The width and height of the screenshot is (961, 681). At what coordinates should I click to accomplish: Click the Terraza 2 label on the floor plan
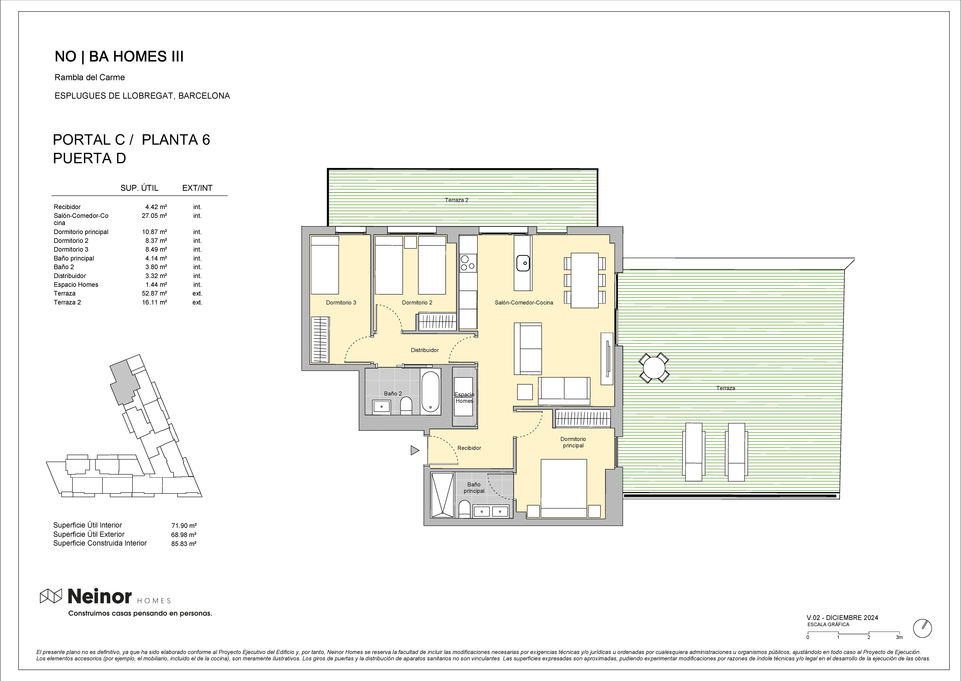click(x=456, y=200)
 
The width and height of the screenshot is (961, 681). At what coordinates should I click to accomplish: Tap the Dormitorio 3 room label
click(x=341, y=302)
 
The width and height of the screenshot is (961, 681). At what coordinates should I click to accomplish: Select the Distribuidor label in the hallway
click(x=424, y=350)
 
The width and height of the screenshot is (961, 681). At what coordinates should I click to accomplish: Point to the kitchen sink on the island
click(x=523, y=263)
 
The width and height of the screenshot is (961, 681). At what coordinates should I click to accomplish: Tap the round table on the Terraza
click(x=654, y=368)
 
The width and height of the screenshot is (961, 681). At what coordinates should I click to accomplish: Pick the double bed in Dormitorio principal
click(x=564, y=488)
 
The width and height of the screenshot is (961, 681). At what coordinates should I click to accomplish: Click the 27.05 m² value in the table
click(x=154, y=216)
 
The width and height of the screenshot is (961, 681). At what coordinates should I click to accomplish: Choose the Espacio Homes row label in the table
click(x=76, y=284)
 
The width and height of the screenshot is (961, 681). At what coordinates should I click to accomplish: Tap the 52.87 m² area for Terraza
click(x=154, y=293)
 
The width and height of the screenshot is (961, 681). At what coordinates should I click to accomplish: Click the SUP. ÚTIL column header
click(x=139, y=188)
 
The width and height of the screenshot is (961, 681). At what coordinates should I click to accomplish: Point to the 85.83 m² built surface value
click(x=184, y=543)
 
